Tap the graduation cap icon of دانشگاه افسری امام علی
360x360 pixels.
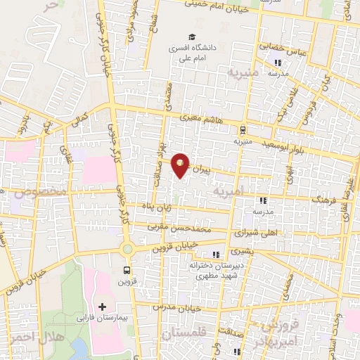point(190,37)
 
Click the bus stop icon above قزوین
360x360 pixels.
point(127,269)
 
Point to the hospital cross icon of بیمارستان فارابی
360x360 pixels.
point(103,307)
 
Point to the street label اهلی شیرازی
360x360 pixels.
point(240,230)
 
